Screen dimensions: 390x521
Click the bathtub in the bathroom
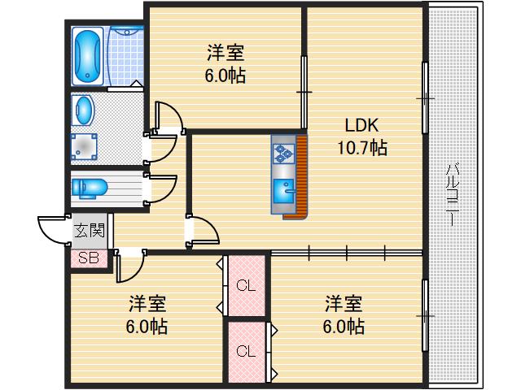87,56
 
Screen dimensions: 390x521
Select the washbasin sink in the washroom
82,108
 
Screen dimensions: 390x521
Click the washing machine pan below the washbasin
83,145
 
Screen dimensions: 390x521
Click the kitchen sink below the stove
284,193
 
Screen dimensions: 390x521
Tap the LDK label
361,126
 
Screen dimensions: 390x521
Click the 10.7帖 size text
361,148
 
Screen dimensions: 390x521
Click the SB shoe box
89,258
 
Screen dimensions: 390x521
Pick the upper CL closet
245,285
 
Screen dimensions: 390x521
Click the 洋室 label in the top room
225,54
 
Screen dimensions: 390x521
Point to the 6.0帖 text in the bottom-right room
344,327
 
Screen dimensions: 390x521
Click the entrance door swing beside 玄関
53,231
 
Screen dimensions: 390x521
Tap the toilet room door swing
161,189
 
